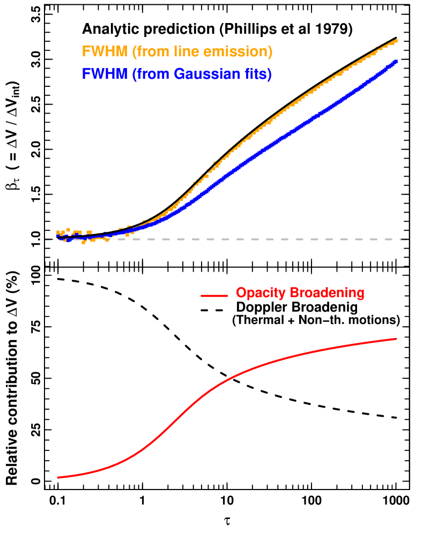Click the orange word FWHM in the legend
coord(105,52)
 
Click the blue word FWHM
coord(105,74)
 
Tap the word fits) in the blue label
coord(258,74)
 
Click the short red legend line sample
coord(214,295)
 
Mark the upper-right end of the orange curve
coord(397,40)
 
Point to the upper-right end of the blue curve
coord(397,62)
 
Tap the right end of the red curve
coord(397,339)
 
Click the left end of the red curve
coord(57,477)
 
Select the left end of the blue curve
coord(57,236)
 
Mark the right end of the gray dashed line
coord(406,239)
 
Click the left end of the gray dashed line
coord(46,239)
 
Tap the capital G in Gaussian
coord(181,74)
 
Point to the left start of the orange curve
coord(57,236)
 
